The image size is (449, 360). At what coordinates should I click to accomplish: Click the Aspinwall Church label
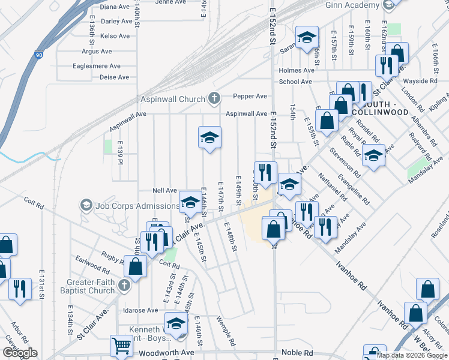[x=173, y=99]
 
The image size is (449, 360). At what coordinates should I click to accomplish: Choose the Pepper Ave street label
[x=250, y=96]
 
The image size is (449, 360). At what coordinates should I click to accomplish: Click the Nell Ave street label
[x=164, y=190]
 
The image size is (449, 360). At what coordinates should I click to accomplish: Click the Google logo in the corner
[x=19, y=353]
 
